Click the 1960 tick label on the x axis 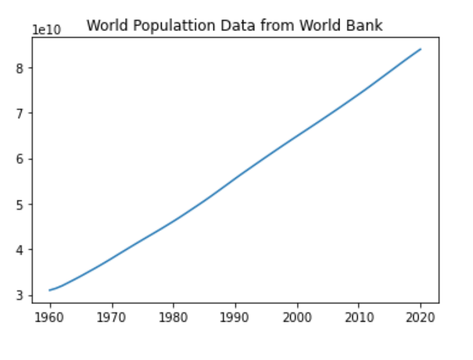(50, 318)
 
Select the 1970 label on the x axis (112, 318)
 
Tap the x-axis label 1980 (173, 318)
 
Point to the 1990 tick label (235, 318)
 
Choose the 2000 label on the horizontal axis (297, 318)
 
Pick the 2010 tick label (359, 318)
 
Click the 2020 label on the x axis (421, 318)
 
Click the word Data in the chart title (231, 25)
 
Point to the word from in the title (268, 25)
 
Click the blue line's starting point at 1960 (50, 290)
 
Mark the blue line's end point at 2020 (421, 49)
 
